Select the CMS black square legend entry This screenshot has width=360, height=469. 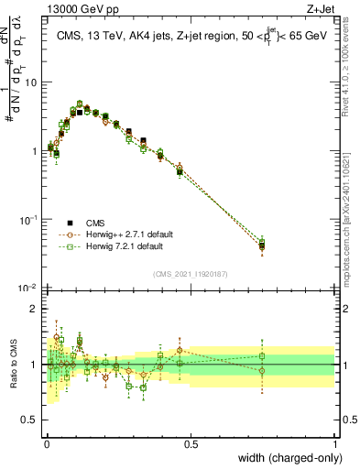click(x=70, y=223)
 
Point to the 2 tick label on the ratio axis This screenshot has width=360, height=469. click(x=34, y=309)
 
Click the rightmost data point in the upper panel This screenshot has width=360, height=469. click(x=262, y=245)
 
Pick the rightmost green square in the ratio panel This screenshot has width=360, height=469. click(x=262, y=356)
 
